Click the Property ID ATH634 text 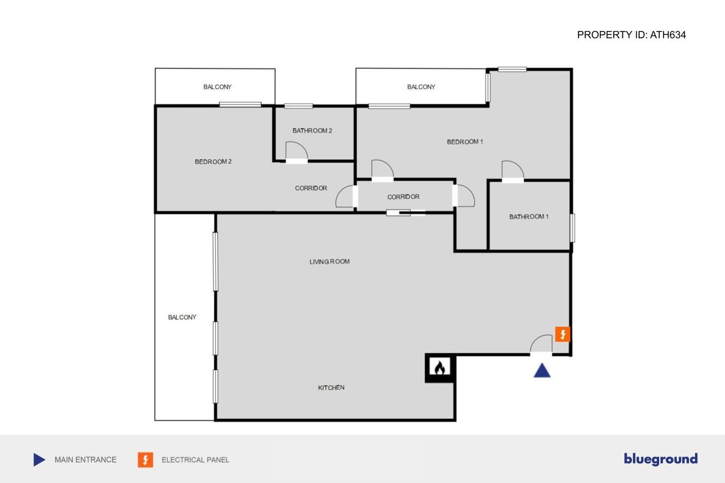click(x=631, y=35)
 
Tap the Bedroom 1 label click(x=465, y=142)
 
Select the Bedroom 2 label click(x=213, y=162)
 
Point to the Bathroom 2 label click(x=312, y=131)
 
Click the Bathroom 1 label click(x=529, y=217)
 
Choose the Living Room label click(x=330, y=261)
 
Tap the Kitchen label click(x=331, y=388)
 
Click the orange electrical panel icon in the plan click(x=562, y=334)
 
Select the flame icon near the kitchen click(x=440, y=368)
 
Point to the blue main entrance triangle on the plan click(x=542, y=371)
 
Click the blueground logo click(x=661, y=459)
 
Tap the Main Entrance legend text click(x=85, y=460)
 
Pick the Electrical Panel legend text click(x=195, y=460)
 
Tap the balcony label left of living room click(x=182, y=318)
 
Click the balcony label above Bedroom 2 click(x=217, y=87)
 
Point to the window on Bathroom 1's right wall click(x=572, y=228)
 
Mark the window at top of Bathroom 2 click(x=299, y=106)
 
